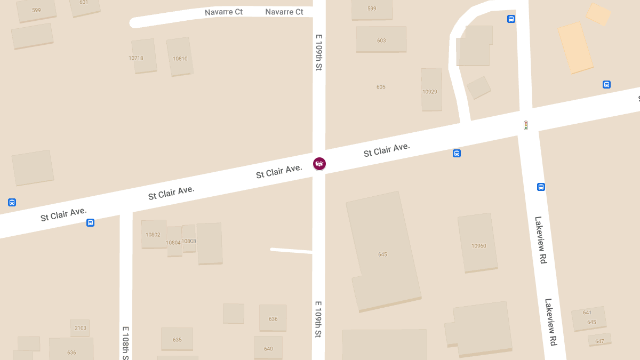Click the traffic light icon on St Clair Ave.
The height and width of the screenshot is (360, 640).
[526, 125]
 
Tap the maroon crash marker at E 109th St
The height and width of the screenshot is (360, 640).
[319, 164]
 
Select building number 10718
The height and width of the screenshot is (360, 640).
[136, 58]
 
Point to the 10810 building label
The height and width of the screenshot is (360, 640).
[180, 59]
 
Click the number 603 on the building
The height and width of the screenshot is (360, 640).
[381, 41]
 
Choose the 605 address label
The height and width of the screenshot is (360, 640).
[381, 87]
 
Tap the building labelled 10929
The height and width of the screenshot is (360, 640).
[430, 92]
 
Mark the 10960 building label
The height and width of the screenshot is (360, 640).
[479, 246]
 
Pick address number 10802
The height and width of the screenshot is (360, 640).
[153, 235]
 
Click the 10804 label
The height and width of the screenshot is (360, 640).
[173, 243]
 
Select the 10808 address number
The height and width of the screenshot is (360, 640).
[189, 241]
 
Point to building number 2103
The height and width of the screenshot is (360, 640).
[80, 328]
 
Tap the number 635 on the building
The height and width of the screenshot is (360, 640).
[177, 340]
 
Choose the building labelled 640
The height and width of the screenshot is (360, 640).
[268, 349]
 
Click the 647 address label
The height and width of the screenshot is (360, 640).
[599, 341]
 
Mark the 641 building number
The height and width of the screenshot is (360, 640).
[587, 313]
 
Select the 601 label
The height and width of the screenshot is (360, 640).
[84, 2]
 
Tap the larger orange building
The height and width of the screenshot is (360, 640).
[575, 47]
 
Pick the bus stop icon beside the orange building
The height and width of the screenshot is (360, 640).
[606, 84]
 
